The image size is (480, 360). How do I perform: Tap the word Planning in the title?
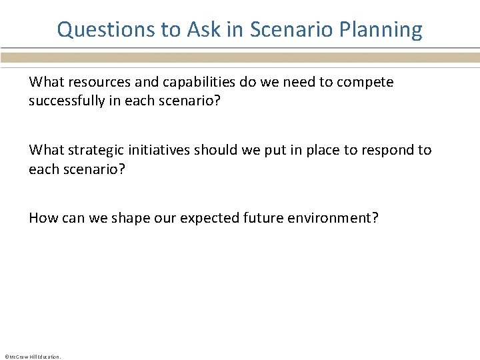[381, 30]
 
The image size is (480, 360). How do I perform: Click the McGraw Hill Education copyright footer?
[32, 357]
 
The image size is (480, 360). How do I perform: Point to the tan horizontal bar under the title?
[240, 58]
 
